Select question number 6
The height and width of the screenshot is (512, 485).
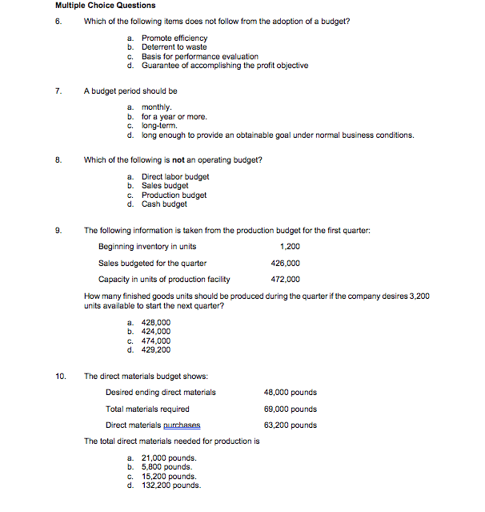click(58, 21)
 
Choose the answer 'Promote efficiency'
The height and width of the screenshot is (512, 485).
click(174, 38)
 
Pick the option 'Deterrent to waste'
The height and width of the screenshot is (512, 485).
click(174, 47)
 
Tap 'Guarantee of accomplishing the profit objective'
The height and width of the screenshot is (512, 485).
click(224, 66)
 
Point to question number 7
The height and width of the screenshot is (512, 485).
click(58, 91)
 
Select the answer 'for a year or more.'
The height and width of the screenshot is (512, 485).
click(174, 117)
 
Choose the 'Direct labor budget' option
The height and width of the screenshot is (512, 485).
click(175, 177)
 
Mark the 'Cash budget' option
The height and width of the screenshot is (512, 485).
click(164, 204)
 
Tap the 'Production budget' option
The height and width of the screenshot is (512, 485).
click(174, 195)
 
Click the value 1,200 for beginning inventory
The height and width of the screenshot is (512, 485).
click(290, 247)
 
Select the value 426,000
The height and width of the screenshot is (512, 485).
click(286, 263)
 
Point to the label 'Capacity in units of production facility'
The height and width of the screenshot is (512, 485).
click(164, 280)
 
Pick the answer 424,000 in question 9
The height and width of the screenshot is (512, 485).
click(155, 331)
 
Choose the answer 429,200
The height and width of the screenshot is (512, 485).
click(155, 349)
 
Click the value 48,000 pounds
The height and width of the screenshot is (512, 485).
click(290, 393)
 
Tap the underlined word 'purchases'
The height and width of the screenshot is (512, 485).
click(182, 425)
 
